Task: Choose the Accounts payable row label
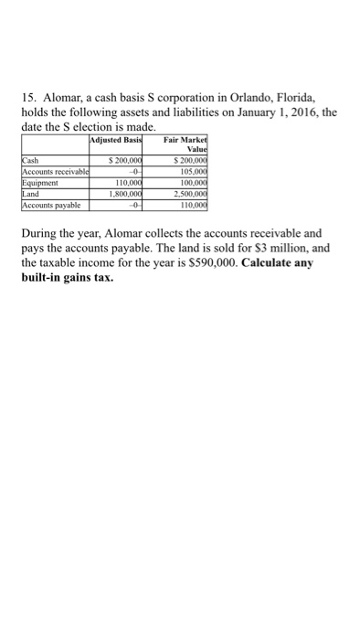49,201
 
